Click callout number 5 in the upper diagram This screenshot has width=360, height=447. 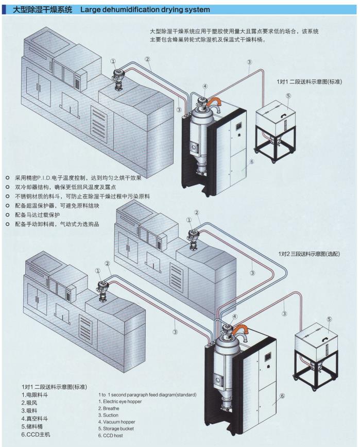coord(288,95)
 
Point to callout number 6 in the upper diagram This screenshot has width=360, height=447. coord(252,161)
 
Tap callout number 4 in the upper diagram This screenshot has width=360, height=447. coord(204,86)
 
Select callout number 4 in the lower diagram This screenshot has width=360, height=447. coord(235,316)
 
